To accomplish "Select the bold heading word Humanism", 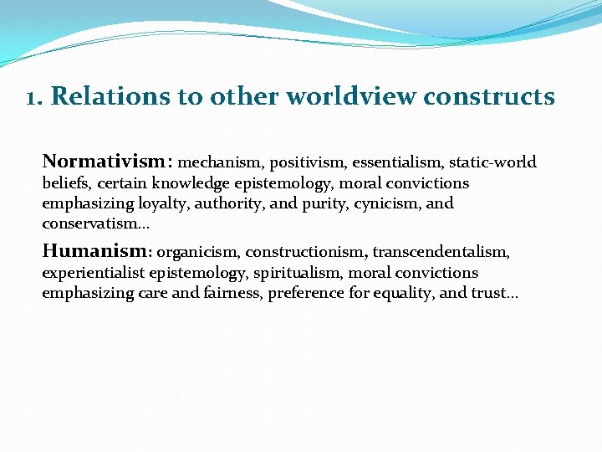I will click(94, 250).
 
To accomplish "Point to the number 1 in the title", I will click(32, 96).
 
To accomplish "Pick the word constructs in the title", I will click(488, 96).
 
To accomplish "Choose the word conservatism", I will click(90, 223).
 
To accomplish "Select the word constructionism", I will click(305, 252).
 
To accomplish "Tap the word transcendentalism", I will click(441, 252).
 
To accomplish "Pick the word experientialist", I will click(93, 273).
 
